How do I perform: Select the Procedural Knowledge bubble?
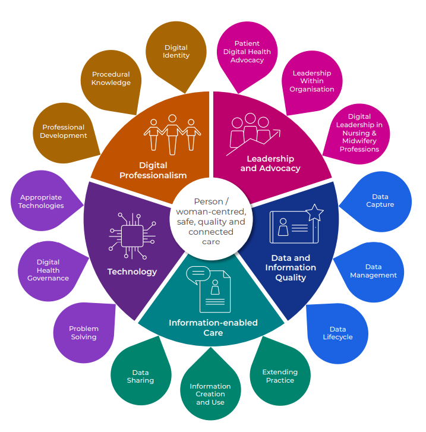111,79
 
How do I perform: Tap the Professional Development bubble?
64,131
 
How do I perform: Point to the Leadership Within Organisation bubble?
312,81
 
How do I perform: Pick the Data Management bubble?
373,271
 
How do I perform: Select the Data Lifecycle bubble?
337,333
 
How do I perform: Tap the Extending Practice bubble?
280,376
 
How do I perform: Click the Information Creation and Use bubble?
210,394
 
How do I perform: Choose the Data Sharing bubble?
140,376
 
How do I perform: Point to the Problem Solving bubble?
84,333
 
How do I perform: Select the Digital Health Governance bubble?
48,270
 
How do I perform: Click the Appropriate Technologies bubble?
41,201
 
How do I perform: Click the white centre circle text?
211,222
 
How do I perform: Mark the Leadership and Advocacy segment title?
270,163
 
